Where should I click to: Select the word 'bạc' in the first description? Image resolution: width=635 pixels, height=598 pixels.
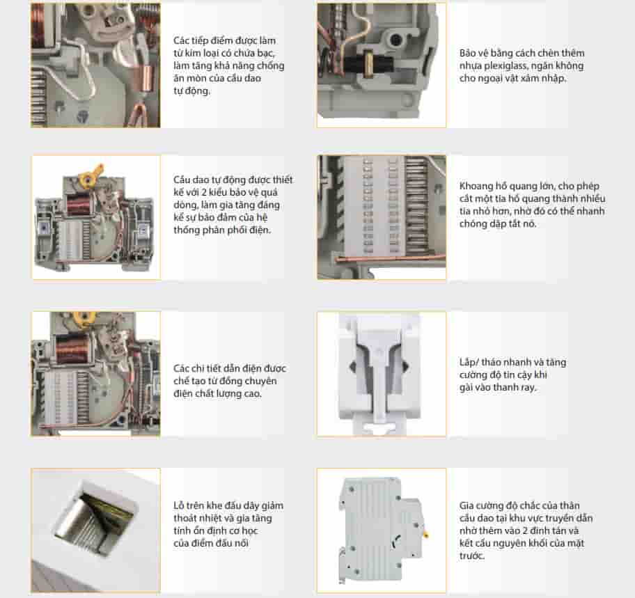267,53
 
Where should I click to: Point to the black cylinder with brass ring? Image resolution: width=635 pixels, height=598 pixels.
370,63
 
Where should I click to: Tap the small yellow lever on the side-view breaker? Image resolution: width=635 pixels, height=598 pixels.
425,535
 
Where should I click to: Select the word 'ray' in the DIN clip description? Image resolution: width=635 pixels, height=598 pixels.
528,388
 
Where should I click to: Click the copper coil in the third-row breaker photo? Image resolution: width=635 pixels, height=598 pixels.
72,349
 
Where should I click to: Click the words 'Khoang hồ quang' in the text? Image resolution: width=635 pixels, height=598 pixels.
498,187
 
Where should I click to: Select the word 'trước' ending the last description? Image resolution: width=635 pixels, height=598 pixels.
472,556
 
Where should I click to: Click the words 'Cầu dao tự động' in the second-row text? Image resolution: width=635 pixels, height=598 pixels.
210,180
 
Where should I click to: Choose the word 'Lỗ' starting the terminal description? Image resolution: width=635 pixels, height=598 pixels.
179,505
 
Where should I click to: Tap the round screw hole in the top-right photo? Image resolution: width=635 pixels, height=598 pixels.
395,39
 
